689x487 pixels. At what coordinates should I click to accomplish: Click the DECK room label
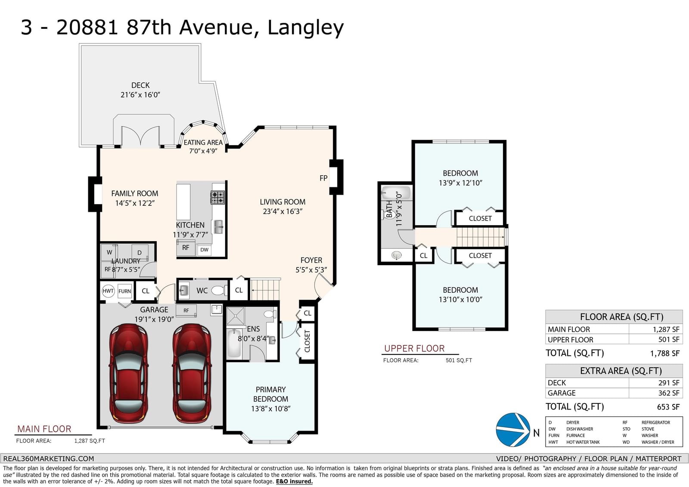[140, 85]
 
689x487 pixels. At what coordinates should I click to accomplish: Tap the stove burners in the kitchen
[217, 198]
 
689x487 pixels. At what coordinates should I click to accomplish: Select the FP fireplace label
[323, 178]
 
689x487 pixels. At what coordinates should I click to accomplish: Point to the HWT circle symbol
[108, 291]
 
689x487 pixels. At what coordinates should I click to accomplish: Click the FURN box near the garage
[124, 291]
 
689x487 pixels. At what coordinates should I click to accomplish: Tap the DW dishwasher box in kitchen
[204, 250]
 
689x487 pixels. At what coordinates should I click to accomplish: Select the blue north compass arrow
[513, 429]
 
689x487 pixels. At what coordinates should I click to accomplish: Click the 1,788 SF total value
[665, 353]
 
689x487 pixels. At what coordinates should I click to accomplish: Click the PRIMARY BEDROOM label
[271, 394]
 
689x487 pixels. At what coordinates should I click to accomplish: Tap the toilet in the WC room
[219, 290]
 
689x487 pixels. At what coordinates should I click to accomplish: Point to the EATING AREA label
[203, 143]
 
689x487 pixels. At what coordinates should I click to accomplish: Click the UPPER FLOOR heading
[414, 348]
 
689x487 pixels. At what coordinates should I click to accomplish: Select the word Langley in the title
[305, 28]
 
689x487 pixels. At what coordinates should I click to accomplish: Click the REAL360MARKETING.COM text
[49, 459]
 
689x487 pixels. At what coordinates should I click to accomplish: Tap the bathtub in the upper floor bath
[396, 193]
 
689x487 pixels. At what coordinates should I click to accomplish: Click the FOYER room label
[311, 260]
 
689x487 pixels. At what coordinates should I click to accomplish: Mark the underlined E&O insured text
[294, 481]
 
